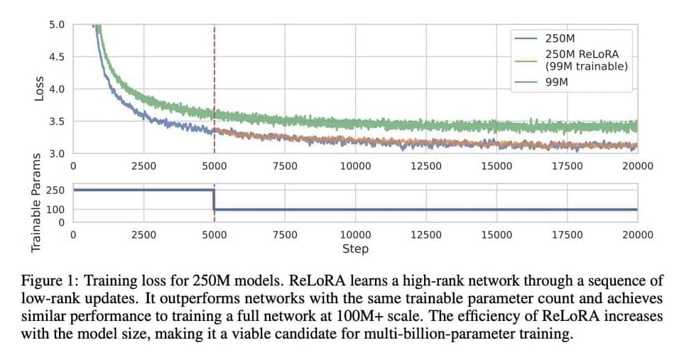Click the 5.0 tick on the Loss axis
56,25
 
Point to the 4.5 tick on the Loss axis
56,57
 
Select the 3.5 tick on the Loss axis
56,121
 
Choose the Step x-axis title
355,249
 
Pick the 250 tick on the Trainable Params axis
55,190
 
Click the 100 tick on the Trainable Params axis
55,209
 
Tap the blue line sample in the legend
528,38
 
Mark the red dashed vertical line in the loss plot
215,71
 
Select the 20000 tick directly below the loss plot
637,166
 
